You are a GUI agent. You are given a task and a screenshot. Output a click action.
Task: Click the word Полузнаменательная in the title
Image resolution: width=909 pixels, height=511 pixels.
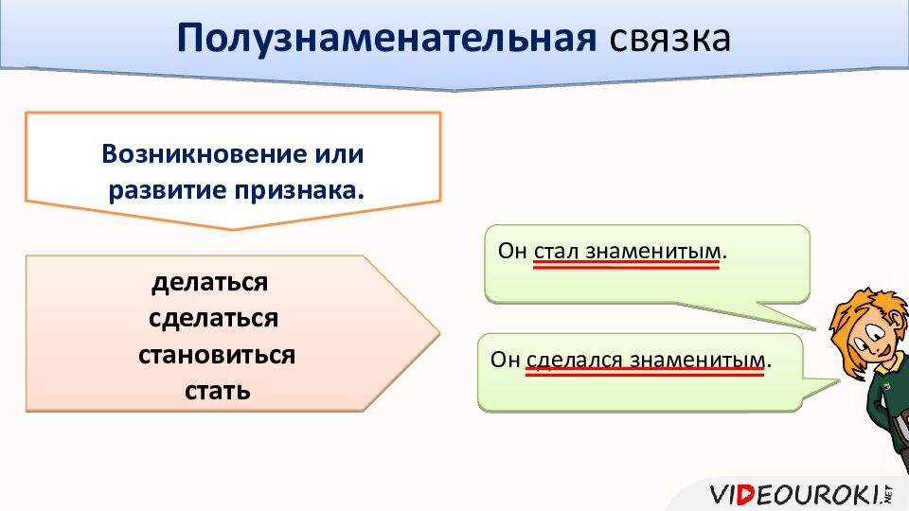(x=386, y=38)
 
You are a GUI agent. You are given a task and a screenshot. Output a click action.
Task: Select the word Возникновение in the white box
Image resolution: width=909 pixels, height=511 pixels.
(x=205, y=154)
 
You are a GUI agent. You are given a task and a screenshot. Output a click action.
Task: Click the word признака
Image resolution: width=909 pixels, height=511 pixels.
(x=299, y=190)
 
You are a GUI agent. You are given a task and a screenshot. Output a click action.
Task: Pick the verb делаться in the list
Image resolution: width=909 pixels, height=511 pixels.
(x=210, y=283)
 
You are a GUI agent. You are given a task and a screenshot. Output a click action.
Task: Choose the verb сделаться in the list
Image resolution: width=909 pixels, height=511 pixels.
(x=213, y=319)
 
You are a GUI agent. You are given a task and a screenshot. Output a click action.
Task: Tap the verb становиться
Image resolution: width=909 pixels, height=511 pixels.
(x=217, y=355)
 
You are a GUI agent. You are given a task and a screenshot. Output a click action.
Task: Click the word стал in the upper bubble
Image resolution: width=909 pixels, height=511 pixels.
(x=556, y=252)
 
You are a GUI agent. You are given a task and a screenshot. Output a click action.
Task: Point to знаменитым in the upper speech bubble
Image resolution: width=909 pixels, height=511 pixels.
(x=653, y=252)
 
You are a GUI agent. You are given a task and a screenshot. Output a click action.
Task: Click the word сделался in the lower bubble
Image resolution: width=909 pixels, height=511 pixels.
(x=575, y=360)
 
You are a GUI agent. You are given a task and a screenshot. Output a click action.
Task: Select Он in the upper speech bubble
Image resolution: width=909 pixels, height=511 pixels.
(x=512, y=252)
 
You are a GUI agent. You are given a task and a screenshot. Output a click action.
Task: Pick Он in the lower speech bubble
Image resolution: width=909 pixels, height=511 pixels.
(x=505, y=360)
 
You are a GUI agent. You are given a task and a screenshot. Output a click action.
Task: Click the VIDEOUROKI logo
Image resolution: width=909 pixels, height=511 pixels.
(x=801, y=495)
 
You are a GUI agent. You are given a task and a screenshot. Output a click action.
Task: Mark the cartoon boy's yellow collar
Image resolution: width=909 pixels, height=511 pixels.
(x=889, y=371)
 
